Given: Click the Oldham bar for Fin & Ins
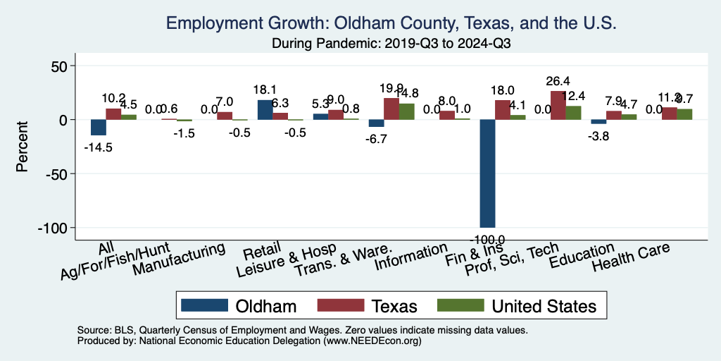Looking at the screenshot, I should pyautogui.click(x=488, y=173).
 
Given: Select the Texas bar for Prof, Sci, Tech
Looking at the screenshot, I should pyautogui.click(x=558, y=105).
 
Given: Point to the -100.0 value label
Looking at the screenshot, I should pyautogui.click(x=488, y=240).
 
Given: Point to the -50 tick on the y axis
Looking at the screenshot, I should pyautogui.click(x=53, y=173).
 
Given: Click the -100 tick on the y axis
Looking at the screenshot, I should pyautogui.click(x=49, y=228).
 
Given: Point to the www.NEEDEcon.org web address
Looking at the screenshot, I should pyautogui.click(x=370, y=340).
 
